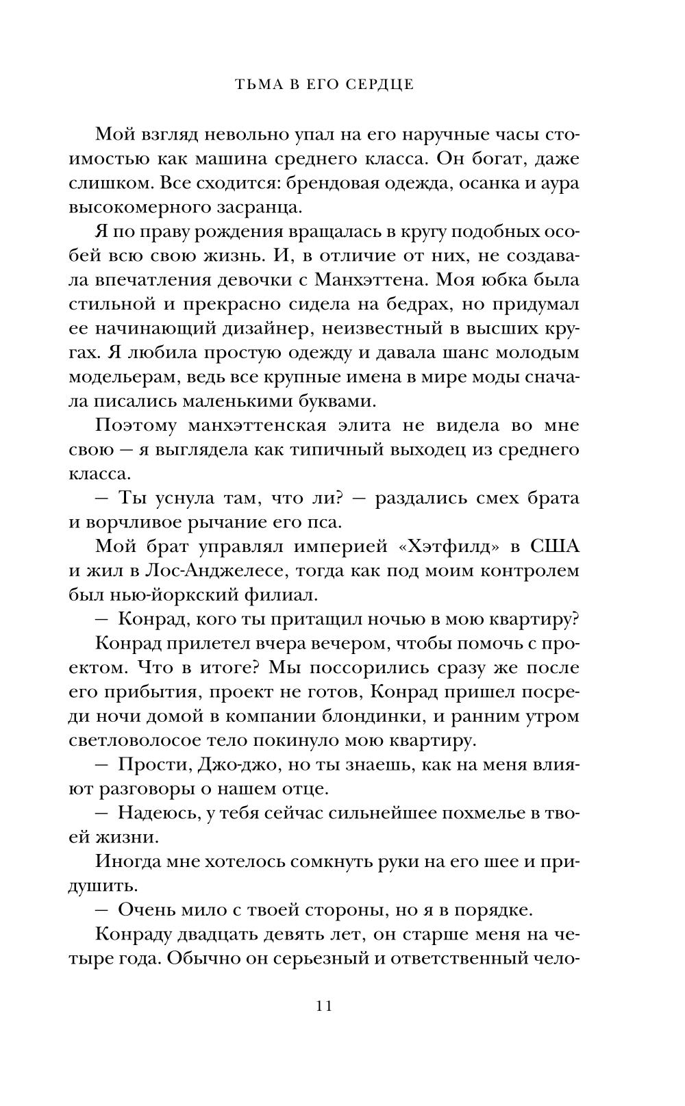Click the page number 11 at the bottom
[324, 1006]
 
